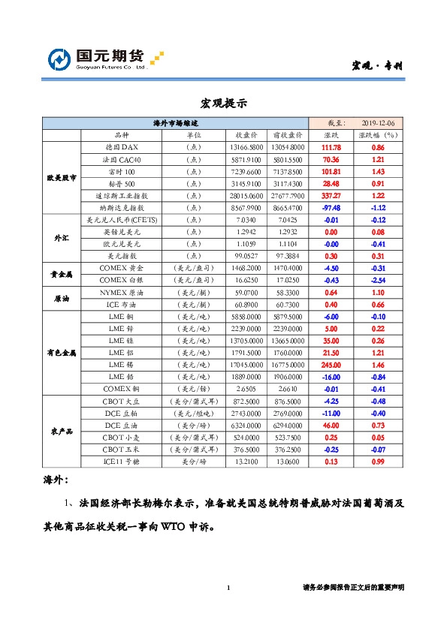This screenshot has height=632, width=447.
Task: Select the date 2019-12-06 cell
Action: coord(382,123)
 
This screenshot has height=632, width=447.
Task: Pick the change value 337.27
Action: coord(331,195)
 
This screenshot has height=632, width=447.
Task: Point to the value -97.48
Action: coord(331,207)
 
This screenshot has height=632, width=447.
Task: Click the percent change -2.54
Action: coord(378,279)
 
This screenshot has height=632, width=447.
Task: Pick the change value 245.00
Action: coord(331,364)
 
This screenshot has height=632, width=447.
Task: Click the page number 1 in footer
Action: coord(228,588)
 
